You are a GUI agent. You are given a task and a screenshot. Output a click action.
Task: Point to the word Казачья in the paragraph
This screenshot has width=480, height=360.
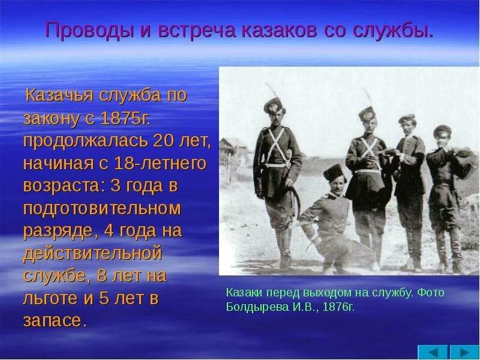(60, 96)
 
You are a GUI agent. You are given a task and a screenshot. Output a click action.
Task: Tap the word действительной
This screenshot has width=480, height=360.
(93, 253)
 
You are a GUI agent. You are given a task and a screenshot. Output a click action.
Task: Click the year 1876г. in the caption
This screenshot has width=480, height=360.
(338, 307)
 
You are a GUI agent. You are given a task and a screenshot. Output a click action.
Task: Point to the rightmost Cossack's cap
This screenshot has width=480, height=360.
(442, 129)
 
